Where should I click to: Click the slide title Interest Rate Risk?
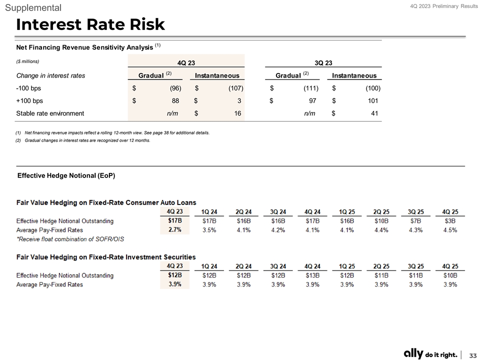pyautogui.click(x=90, y=23)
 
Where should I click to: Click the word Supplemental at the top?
pyautogui.click(x=33, y=7)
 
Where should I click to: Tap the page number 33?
pyautogui.click(x=472, y=354)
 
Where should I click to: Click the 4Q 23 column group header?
pyautogui.click(x=186, y=62)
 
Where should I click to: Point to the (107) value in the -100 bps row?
pyautogui.click(x=233, y=88)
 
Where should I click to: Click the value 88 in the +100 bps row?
pyautogui.click(x=175, y=101)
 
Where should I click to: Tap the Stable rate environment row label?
pyautogui.click(x=50, y=113)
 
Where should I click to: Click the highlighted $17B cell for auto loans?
pyautogui.click(x=174, y=220)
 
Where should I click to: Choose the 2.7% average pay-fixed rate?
pyautogui.click(x=174, y=230)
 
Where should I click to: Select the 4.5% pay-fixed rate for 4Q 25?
pyautogui.click(x=450, y=230)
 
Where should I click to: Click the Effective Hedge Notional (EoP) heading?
pyautogui.click(x=66, y=175)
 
